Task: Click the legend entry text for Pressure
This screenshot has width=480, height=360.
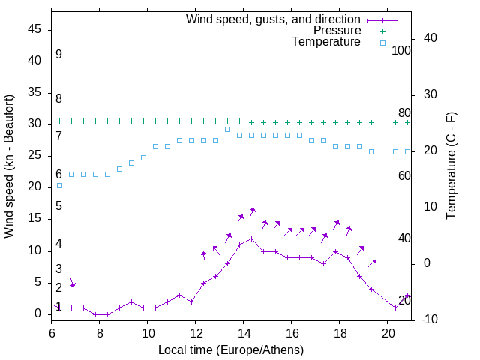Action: click(x=337, y=31)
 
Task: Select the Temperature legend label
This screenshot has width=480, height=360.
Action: click(x=326, y=42)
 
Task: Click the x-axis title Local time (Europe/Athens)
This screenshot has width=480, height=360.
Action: click(x=231, y=349)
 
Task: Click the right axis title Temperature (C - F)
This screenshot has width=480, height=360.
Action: click(x=451, y=166)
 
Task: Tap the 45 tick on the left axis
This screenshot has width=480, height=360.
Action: click(x=35, y=29)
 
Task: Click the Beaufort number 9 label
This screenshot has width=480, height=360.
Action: click(x=58, y=55)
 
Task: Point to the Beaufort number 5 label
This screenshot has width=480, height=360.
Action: click(x=58, y=206)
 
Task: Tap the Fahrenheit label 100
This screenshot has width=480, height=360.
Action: click(x=401, y=51)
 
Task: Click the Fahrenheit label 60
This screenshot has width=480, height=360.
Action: click(x=404, y=175)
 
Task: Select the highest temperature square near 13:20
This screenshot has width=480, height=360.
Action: click(x=227, y=129)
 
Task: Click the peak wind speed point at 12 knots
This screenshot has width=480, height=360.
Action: click(x=251, y=238)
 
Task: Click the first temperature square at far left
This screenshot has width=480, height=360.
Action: click(x=59, y=185)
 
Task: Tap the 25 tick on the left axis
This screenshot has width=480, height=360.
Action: click(x=35, y=155)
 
